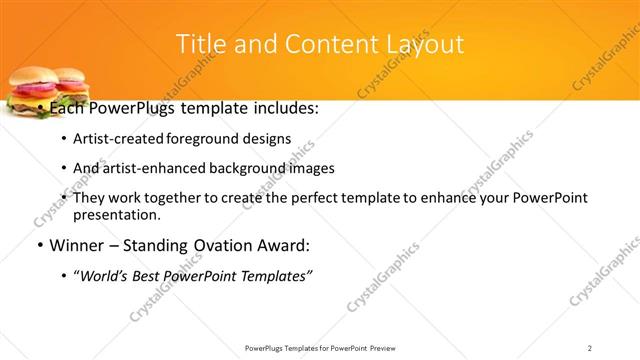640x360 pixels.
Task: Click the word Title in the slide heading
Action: pos(199,44)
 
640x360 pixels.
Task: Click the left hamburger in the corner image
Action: pos(27,91)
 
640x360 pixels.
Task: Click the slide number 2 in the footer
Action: pos(590,347)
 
